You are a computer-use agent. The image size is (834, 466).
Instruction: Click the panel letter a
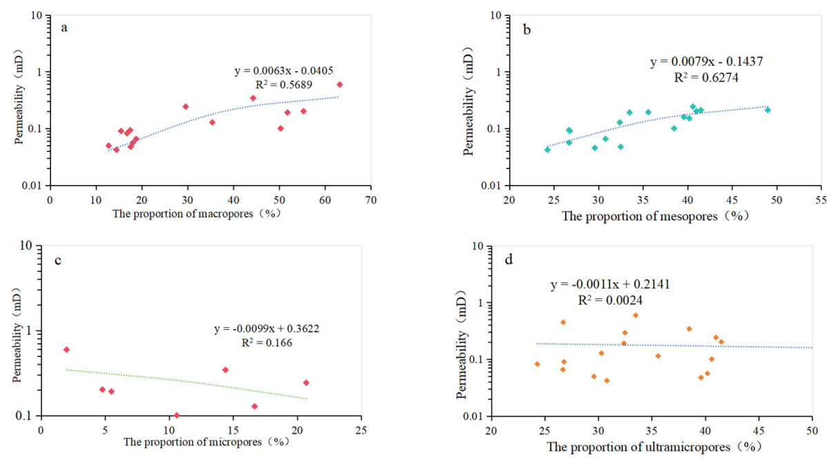pyautogui.click(x=64, y=28)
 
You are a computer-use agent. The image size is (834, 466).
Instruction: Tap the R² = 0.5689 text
pyautogui.click(x=283, y=86)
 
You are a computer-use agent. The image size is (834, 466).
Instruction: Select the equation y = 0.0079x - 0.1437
pyautogui.click(x=706, y=62)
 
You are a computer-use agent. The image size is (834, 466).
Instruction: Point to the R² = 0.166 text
pyautogui.click(x=266, y=342)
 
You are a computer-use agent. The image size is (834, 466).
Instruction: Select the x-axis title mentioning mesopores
pyautogui.click(x=656, y=216)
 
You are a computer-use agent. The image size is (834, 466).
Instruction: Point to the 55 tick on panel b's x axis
pyautogui.click(x=821, y=200)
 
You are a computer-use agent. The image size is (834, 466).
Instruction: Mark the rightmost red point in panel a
pyautogui.click(x=339, y=85)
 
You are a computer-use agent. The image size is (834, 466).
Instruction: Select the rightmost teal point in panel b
pyautogui.click(x=768, y=110)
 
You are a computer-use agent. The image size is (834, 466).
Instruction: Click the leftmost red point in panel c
pyautogui.click(x=66, y=349)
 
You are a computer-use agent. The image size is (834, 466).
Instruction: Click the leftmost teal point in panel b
pyautogui.click(x=548, y=149)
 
